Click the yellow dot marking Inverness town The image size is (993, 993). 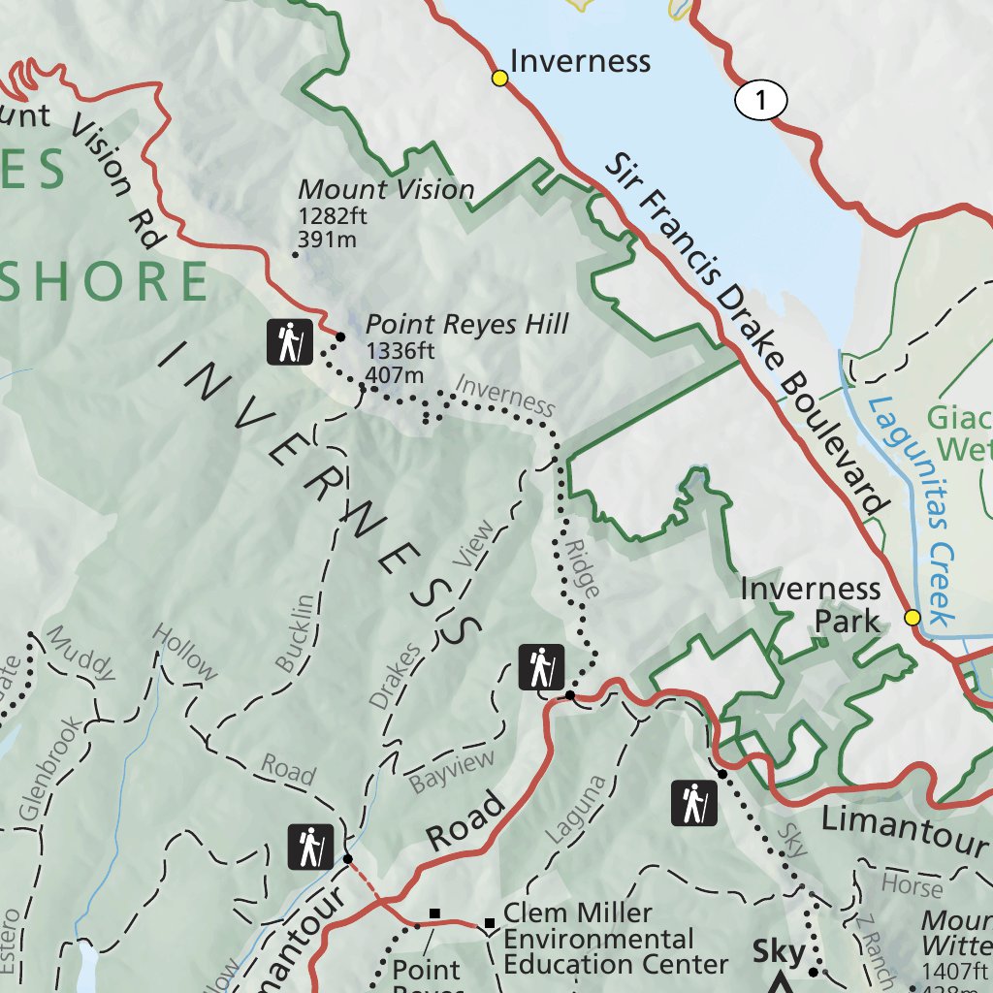point(499,79)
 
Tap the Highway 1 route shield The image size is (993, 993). point(760,100)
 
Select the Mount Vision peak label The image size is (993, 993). point(386,189)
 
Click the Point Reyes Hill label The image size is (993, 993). point(466,324)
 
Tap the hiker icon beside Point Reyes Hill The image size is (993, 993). point(289,341)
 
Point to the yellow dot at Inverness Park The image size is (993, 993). point(912,618)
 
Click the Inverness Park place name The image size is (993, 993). point(811,604)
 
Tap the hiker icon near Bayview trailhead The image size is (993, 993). point(541,667)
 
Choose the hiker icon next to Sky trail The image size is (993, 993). point(694,804)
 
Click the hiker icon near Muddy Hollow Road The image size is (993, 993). point(310,847)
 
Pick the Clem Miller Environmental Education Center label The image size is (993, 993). point(615,939)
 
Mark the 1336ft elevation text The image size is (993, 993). point(400,352)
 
